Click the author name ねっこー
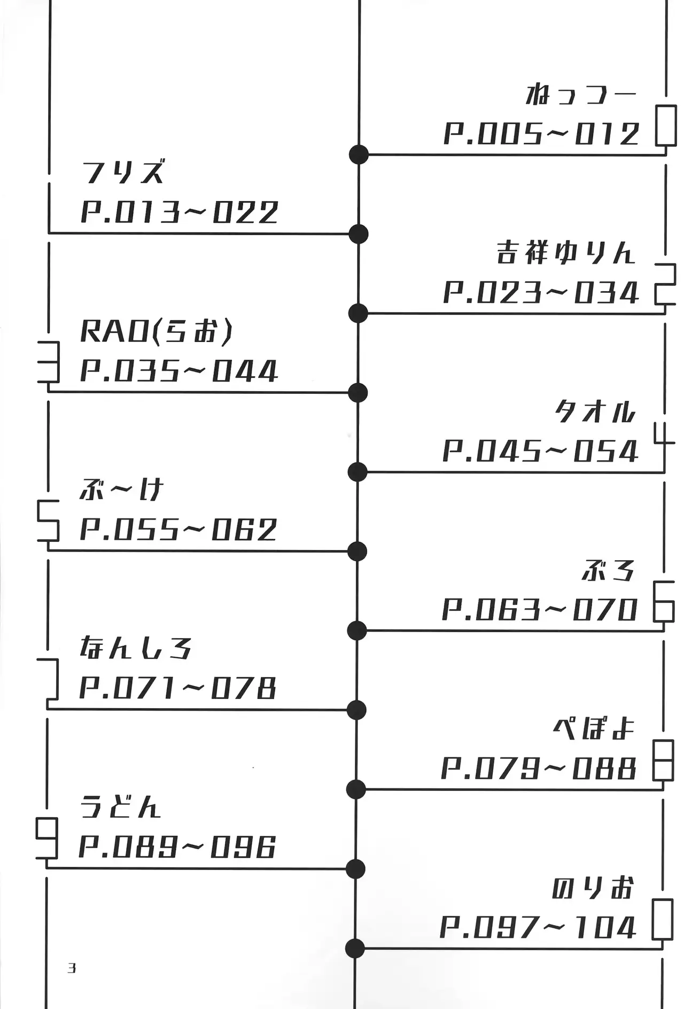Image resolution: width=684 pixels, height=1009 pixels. click(582, 95)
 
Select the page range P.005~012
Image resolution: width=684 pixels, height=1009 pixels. click(541, 134)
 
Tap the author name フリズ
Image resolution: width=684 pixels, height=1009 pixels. click(123, 173)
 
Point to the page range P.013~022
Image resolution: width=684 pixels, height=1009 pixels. click(180, 212)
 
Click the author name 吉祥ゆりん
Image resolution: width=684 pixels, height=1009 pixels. click(567, 252)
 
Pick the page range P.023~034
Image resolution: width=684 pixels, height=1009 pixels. click(541, 292)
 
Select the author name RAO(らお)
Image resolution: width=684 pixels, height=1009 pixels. click(157, 331)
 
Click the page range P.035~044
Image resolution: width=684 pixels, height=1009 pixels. click(179, 371)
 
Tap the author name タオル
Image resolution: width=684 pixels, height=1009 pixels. click(595, 412)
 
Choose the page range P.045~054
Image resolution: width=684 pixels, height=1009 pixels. click(540, 451)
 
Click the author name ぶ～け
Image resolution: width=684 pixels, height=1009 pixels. click(121, 490)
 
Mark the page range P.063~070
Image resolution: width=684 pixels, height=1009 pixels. click(540, 609)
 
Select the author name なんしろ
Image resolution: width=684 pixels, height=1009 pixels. click(136, 648)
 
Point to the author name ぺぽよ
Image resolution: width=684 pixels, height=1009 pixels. click(594, 728)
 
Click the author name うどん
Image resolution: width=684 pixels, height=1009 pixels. click(120, 807)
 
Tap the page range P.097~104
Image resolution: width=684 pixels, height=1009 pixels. click(538, 928)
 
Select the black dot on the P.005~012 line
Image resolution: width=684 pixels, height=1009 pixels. click(359, 154)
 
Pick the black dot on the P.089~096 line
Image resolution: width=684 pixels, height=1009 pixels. click(355, 868)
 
